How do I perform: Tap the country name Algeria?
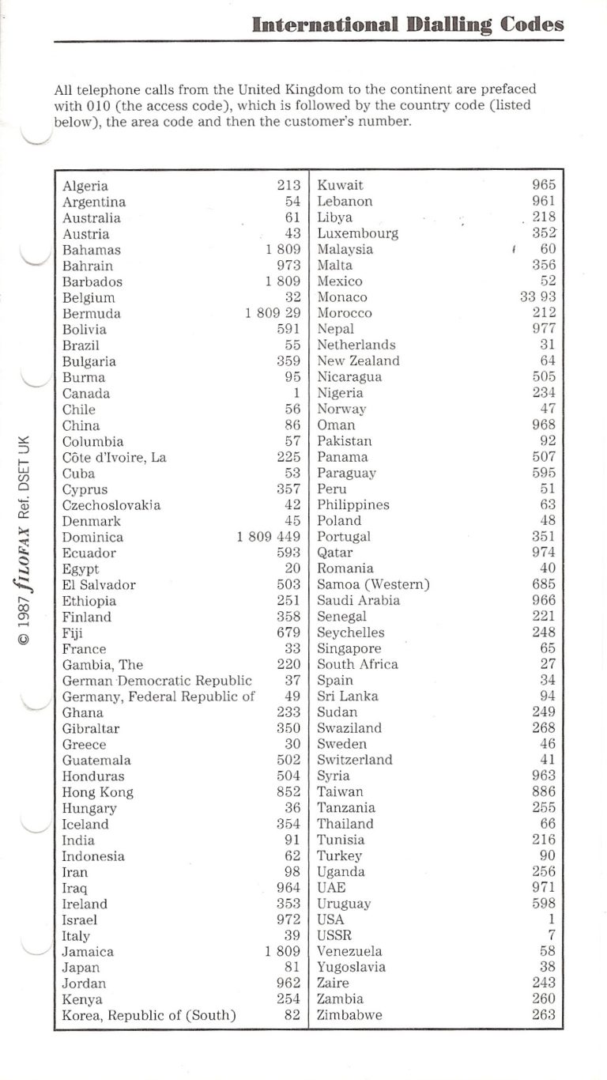85,186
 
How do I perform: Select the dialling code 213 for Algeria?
288,186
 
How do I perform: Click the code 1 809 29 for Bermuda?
273,314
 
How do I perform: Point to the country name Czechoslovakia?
111,505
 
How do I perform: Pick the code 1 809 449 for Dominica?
269,538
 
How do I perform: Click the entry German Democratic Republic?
157,681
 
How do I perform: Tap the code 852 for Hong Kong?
288,792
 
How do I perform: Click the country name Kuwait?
340,186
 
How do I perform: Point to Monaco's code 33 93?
537,297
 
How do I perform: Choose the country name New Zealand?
358,361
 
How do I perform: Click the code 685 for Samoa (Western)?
544,585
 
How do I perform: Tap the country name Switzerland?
354,761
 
